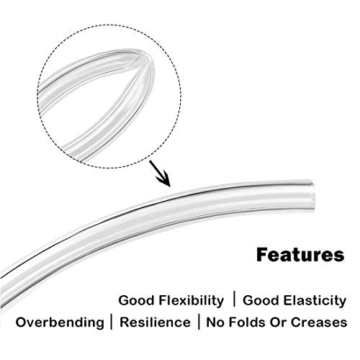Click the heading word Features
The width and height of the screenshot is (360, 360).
[300, 255]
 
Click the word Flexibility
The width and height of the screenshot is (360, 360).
[191, 301]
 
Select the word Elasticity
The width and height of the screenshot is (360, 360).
[315, 301]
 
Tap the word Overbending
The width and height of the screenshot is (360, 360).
[60, 323]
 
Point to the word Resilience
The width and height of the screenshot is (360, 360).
[155, 322]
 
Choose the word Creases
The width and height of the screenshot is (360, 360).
[319, 322]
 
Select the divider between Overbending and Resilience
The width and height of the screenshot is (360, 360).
[112, 322]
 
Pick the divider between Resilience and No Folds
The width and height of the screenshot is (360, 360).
[199, 322]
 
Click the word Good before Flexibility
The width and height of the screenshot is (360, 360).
[137, 300]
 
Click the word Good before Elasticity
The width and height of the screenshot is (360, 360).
[261, 300]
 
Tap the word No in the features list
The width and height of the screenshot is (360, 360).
[215, 322]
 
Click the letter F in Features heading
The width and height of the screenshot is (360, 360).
[261, 255]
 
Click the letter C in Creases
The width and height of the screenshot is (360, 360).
[296, 322]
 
